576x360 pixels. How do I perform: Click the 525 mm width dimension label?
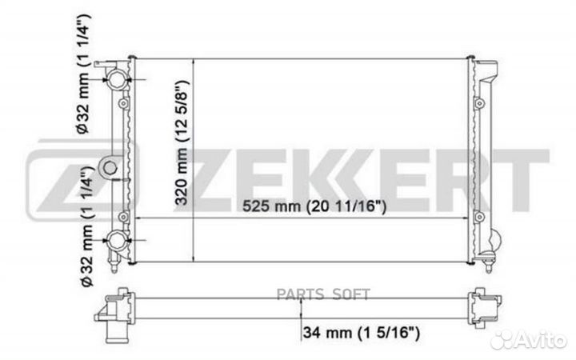[x=314, y=207]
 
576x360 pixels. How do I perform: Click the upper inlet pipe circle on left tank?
[x=118, y=78]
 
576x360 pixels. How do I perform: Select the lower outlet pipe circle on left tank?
[x=118, y=239]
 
